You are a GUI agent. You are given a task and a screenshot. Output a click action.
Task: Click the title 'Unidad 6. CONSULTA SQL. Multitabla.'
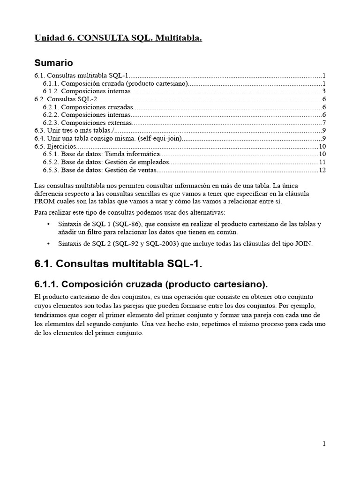(x=118, y=38)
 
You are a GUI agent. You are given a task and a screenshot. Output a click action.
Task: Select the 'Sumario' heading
(x=53, y=62)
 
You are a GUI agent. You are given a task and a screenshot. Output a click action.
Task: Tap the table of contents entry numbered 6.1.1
(x=115, y=83)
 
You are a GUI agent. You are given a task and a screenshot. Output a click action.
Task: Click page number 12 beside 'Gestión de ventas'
(x=322, y=170)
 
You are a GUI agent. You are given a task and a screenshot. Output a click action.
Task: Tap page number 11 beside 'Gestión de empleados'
(x=322, y=162)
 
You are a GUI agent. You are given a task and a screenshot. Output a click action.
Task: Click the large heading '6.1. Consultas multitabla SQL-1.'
(x=118, y=264)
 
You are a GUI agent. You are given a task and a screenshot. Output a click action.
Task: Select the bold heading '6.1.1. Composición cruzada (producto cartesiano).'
(x=151, y=284)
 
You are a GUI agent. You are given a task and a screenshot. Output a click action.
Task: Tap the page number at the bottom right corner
(x=324, y=444)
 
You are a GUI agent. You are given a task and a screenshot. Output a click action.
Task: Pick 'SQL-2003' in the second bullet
(x=164, y=243)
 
